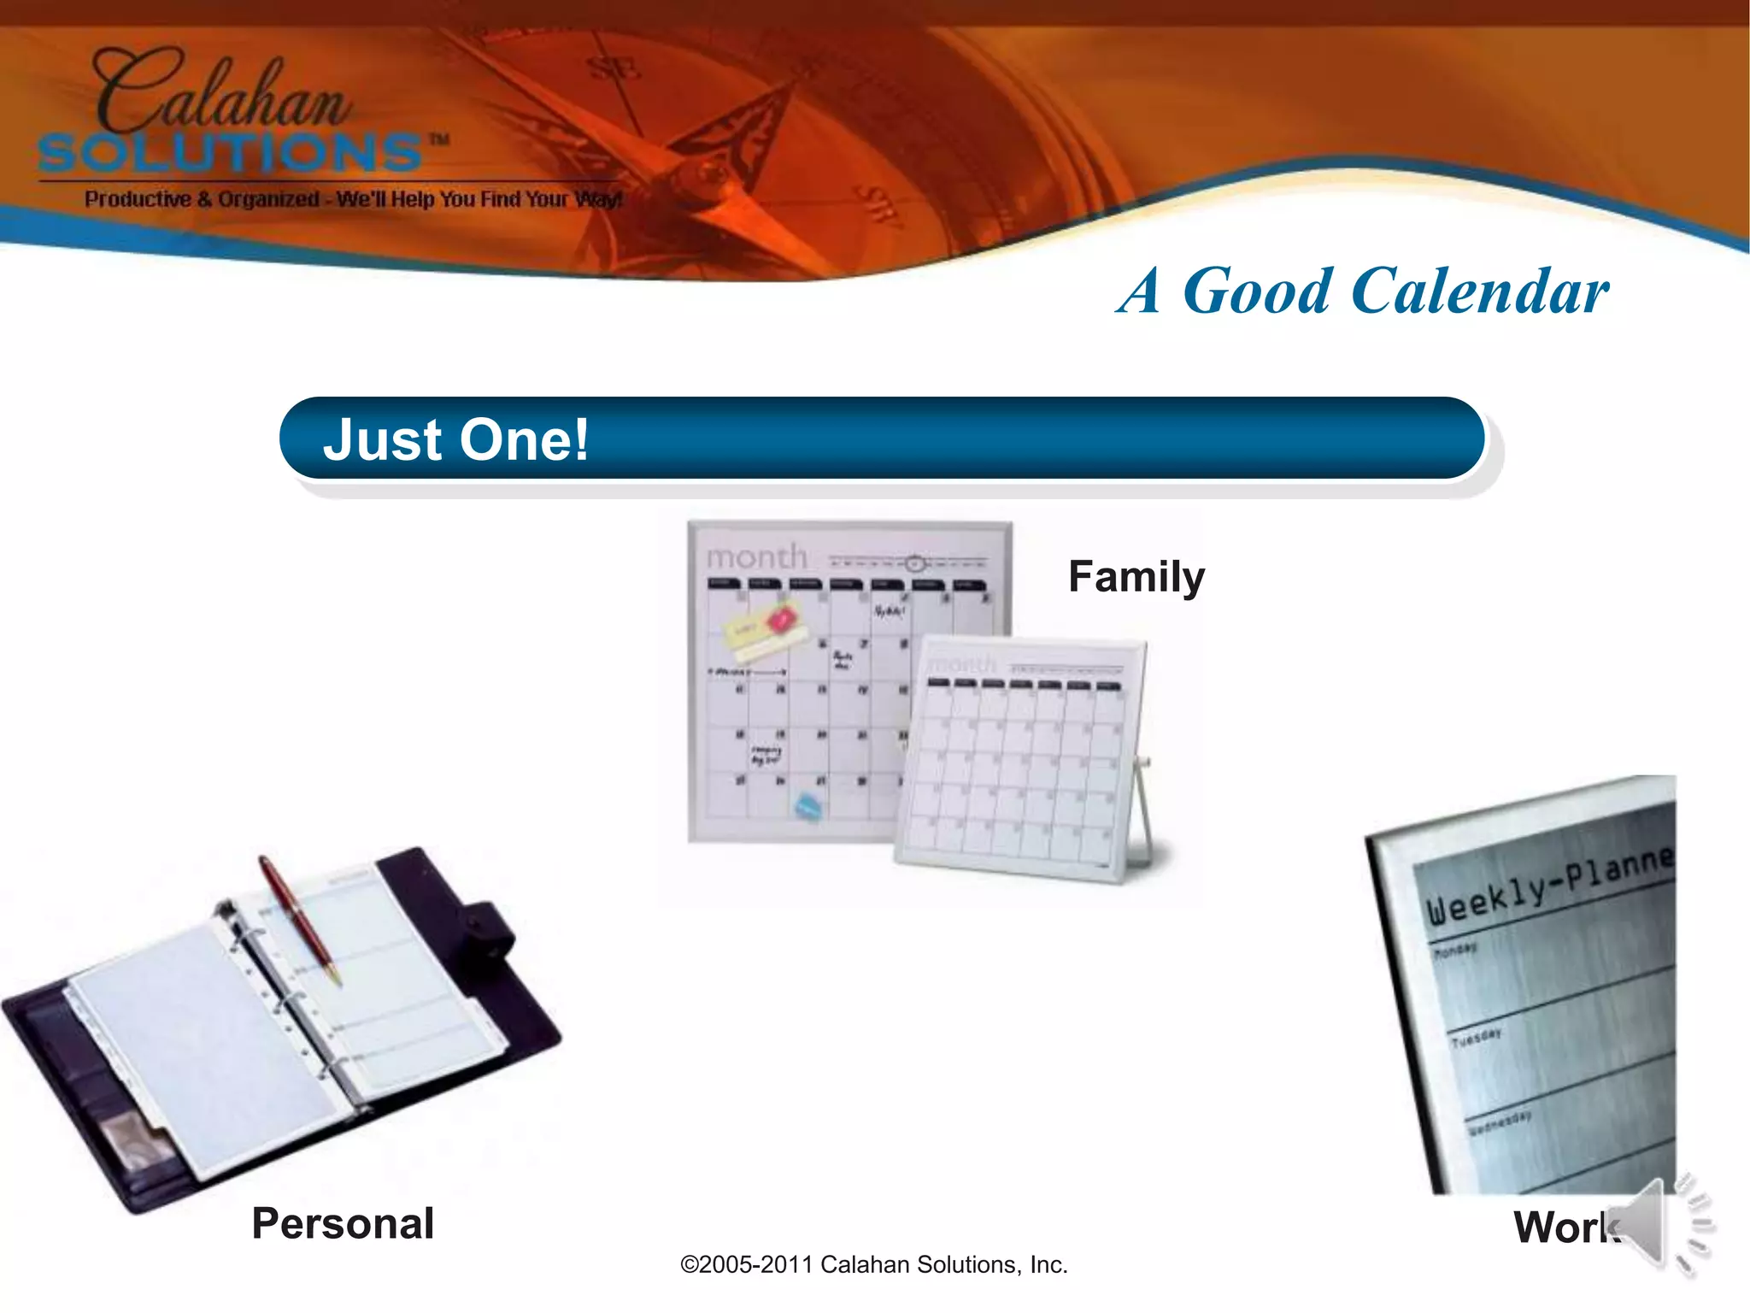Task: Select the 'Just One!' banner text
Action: click(x=455, y=440)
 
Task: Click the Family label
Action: click(x=1136, y=577)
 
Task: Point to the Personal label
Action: click(x=343, y=1223)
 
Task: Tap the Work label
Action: click(x=1564, y=1228)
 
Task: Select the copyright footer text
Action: click(x=873, y=1265)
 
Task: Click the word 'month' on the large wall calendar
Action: click(x=756, y=557)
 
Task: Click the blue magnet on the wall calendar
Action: click(x=808, y=806)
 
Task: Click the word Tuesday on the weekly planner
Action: click(x=1476, y=1038)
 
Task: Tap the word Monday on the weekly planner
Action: click(x=1455, y=950)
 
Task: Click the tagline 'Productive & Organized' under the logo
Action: click(x=202, y=200)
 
